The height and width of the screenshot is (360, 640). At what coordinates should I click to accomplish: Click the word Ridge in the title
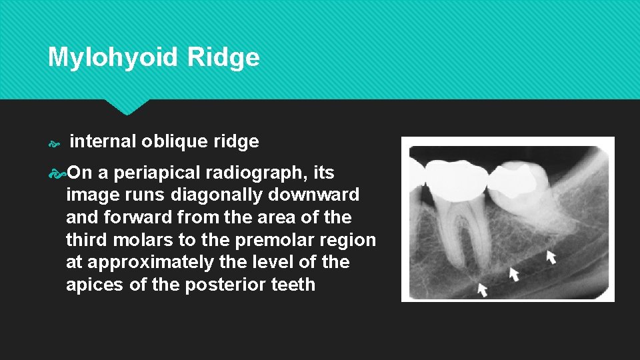(223, 58)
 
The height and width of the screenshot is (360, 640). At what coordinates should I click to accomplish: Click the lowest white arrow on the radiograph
(482, 289)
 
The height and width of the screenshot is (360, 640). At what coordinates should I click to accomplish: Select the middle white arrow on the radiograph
(514, 273)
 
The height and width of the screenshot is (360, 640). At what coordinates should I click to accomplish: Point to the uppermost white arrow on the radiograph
(551, 257)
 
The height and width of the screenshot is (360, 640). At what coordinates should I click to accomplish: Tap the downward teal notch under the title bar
(126, 107)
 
